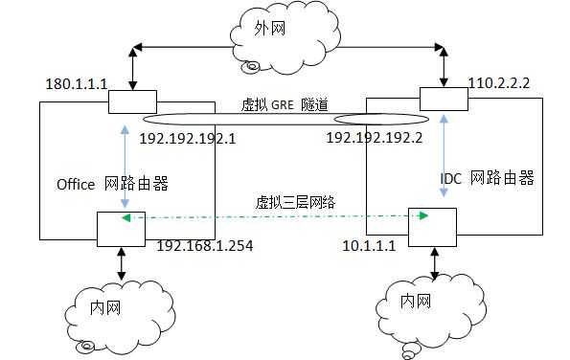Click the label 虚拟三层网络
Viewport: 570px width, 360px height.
(289, 202)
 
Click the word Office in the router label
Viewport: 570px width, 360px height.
(77, 183)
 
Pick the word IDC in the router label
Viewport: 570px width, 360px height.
(451, 179)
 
